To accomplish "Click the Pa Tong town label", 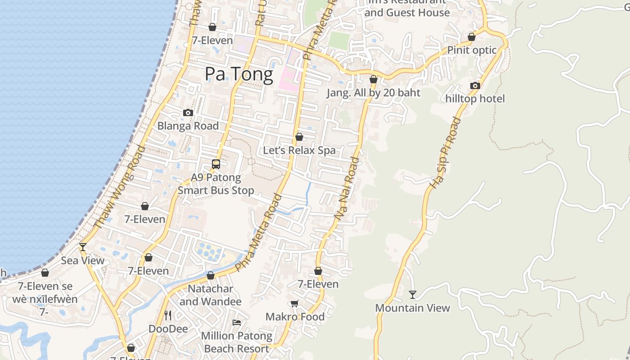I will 239,74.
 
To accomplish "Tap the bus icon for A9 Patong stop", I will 216,164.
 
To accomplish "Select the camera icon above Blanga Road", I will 188,112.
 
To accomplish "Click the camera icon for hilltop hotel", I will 475,85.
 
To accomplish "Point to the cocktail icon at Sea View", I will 83,247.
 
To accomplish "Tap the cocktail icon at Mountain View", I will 413,295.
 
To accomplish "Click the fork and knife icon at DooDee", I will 168,315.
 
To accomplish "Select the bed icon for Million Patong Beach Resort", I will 237,322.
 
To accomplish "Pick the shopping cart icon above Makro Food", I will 295,303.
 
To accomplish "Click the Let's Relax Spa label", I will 299,150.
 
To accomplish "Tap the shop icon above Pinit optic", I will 472,37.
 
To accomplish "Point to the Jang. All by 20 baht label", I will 373,93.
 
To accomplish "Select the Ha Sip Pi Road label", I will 445,153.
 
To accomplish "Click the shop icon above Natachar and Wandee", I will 211,275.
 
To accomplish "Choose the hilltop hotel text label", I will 475,99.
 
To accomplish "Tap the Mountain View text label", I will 413,308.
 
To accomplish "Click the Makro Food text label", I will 295,317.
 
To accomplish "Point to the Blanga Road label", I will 188,126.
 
